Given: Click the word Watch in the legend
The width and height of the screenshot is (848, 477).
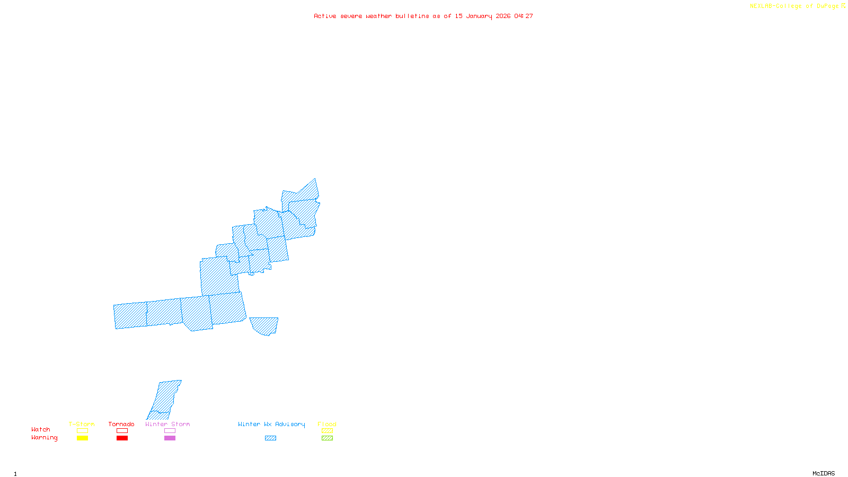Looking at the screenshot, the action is (41, 429).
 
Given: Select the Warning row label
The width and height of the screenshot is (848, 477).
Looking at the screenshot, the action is (44, 438).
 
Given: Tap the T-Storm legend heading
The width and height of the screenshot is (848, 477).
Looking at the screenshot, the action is (82, 424).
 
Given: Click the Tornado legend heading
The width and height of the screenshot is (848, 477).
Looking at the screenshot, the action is (121, 424).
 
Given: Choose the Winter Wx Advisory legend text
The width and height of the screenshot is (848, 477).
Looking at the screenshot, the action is (271, 424).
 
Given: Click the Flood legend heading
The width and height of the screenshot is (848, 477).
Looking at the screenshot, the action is (327, 424).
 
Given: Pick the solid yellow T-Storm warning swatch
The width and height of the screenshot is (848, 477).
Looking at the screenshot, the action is (82, 438).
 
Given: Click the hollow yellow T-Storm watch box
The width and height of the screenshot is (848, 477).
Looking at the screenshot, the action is (82, 431).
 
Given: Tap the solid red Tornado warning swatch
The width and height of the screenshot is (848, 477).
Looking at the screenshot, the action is (122, 438).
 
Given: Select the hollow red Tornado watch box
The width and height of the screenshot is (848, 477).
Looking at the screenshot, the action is (122, 431).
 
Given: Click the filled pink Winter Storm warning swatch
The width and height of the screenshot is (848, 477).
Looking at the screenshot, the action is (170, 438).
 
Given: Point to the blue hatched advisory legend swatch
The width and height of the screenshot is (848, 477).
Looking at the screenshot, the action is (270, 438).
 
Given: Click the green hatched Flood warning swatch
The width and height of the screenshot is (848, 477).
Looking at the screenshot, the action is (327, 438).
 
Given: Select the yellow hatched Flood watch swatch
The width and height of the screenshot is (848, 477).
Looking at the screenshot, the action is (327, 431).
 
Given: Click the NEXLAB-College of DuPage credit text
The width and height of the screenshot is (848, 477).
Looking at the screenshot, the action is (794, 6).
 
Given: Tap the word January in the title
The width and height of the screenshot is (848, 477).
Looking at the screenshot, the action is (479, 16).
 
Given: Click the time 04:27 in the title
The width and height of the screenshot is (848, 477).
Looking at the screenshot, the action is (524, 16).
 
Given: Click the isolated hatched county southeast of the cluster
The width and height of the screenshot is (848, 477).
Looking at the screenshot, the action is (264, 325).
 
